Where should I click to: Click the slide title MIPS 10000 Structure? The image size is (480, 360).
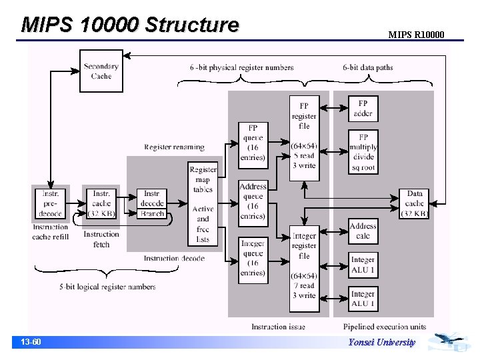[x=129, y=25]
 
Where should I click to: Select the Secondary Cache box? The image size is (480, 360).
[x=101, y=71]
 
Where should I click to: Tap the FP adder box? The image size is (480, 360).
[x=363, y=109]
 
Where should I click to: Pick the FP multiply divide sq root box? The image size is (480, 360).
[x=363, y=151]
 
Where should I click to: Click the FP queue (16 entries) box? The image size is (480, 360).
[x=253, y=143]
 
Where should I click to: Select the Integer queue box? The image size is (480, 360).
[x=253, y=258]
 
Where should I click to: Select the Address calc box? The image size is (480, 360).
[x=363, y=231]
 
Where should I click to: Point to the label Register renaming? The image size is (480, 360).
[x=174, y=147]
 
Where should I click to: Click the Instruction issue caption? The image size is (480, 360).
[x=278, y=327]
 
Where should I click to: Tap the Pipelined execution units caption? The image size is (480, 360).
[x=385, y=327]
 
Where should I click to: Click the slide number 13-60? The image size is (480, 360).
[x=31, y=342]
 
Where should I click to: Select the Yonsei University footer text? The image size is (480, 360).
[x=381, y=343]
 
